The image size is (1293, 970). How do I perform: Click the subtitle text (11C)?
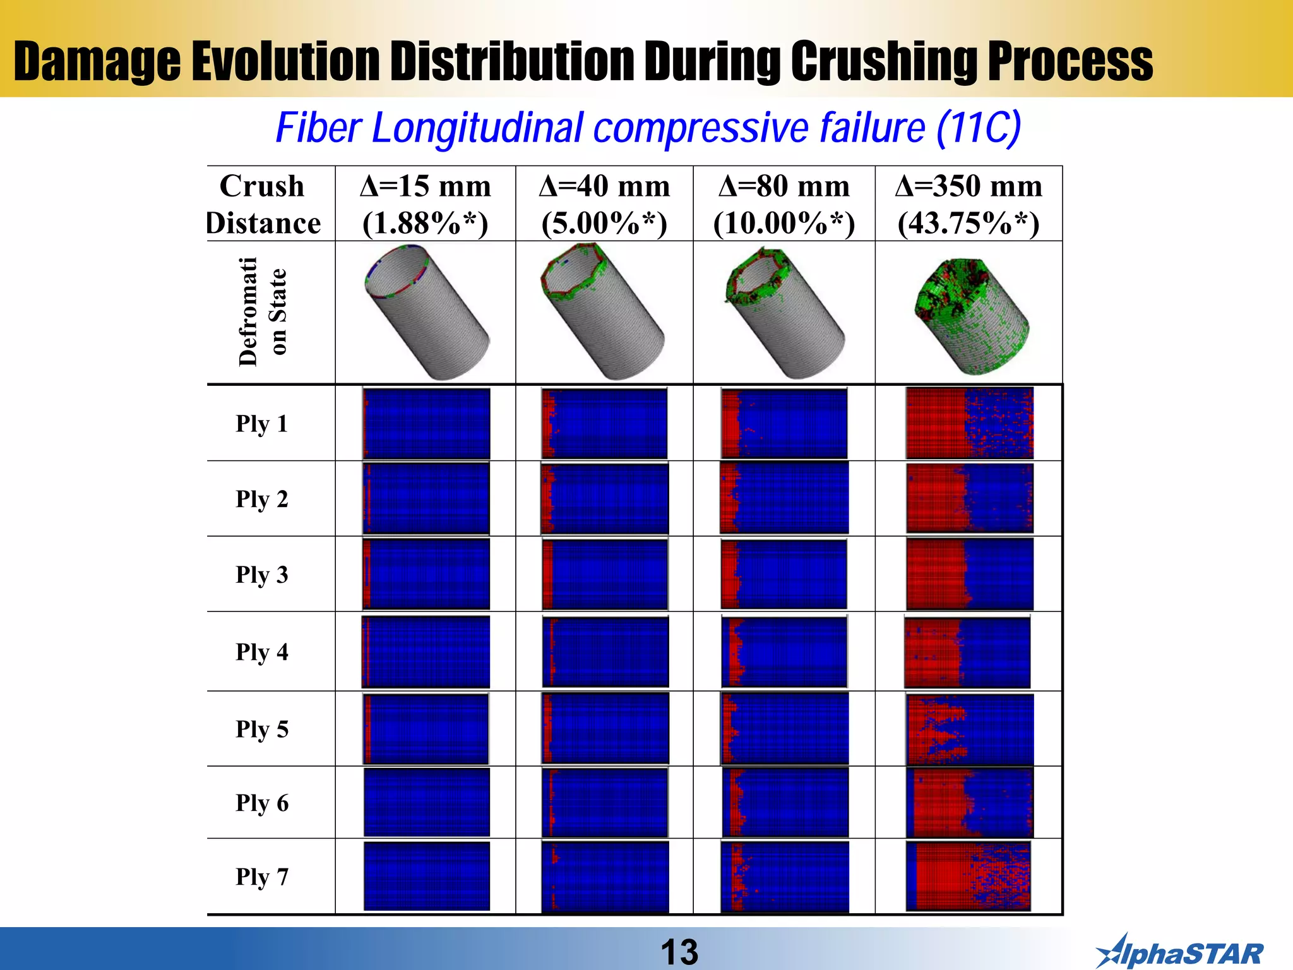click(978, 128)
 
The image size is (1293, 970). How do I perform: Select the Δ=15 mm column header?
click(425, 187)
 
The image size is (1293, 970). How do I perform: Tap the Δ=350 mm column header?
click(968, 187)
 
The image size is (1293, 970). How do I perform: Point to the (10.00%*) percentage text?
click(784, 224)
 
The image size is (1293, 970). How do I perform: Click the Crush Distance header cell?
click(263, 204)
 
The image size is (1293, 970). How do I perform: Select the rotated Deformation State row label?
click(262, 312)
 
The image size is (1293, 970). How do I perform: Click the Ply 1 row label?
click(262, 424)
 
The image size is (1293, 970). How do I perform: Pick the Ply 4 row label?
click(262, 652)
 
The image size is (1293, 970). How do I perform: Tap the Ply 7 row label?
click(262, 877)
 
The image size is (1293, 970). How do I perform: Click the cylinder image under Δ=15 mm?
click(427, 312)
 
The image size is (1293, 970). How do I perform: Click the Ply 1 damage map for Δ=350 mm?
click(969, 422)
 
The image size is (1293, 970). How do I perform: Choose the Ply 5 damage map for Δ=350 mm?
click(969, 729)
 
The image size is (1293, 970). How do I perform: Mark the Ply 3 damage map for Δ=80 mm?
click(784, 574)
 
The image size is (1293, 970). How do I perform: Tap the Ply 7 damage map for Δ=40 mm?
click(605, 877)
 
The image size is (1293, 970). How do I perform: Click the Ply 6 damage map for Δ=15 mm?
click(426, 802)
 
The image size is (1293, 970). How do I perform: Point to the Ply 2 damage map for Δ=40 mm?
click(605, 498)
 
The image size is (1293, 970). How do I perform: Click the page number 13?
click(679, 952)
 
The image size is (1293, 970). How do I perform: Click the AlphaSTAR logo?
click(1179, 952)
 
